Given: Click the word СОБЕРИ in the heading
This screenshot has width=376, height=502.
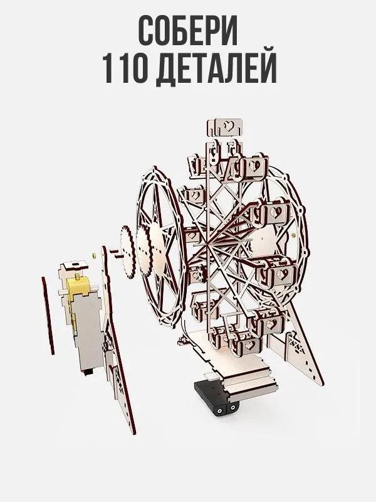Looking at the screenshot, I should [188, 31].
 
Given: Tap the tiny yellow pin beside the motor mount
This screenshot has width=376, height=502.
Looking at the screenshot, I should [92, 255].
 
